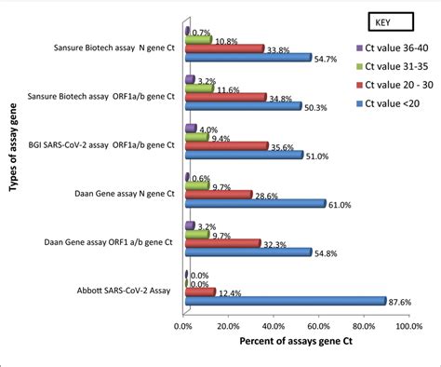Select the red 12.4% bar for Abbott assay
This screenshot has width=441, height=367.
pyautogui.click(x=200, y=292)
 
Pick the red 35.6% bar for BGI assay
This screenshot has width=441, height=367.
pyautogui.click(x=227, y=145)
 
